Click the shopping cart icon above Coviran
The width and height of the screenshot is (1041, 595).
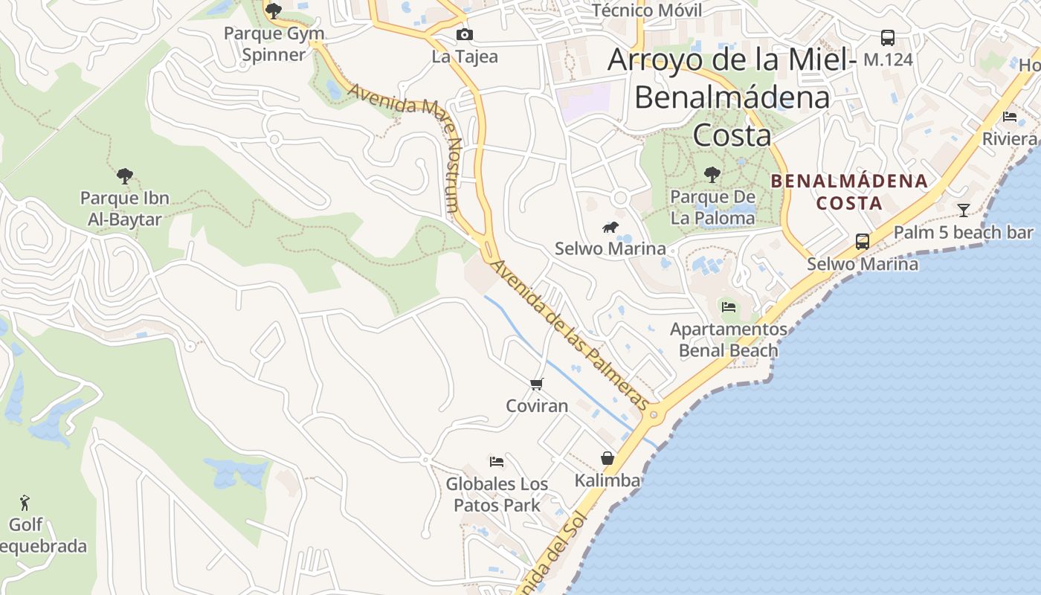(x=536, y=385)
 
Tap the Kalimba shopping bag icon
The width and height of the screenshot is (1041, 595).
(x=607, y=458)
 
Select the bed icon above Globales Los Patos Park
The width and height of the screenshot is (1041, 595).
(x=497, y=462)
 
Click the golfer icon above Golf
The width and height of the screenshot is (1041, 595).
(x=25, y=503)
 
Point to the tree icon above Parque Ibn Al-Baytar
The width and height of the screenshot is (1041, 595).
(x=125, y=176)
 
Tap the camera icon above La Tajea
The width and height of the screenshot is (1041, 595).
(x=464, y=35)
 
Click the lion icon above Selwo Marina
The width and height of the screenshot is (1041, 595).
(x=610, y=227)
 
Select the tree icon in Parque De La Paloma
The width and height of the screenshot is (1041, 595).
(x=712, y=176)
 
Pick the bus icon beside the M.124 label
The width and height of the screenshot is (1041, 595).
(x=887, y=37)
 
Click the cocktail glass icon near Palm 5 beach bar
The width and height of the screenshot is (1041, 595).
(x=964, y=210)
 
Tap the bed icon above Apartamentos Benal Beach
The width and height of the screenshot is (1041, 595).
(x=729, y=306)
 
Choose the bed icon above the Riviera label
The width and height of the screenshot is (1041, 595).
(x=1010, y=117)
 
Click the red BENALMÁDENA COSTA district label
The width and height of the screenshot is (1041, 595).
(x=849, y=191)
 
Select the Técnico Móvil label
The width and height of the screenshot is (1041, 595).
(x=647, y=10)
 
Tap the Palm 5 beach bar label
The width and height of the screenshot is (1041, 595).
(x=963, y=233)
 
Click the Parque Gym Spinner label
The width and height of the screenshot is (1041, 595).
(x=274, y=44)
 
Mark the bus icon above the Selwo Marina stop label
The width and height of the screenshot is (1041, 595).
(x=863, y=242)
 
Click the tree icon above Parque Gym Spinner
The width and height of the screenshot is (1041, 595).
(x=274, y=10)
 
